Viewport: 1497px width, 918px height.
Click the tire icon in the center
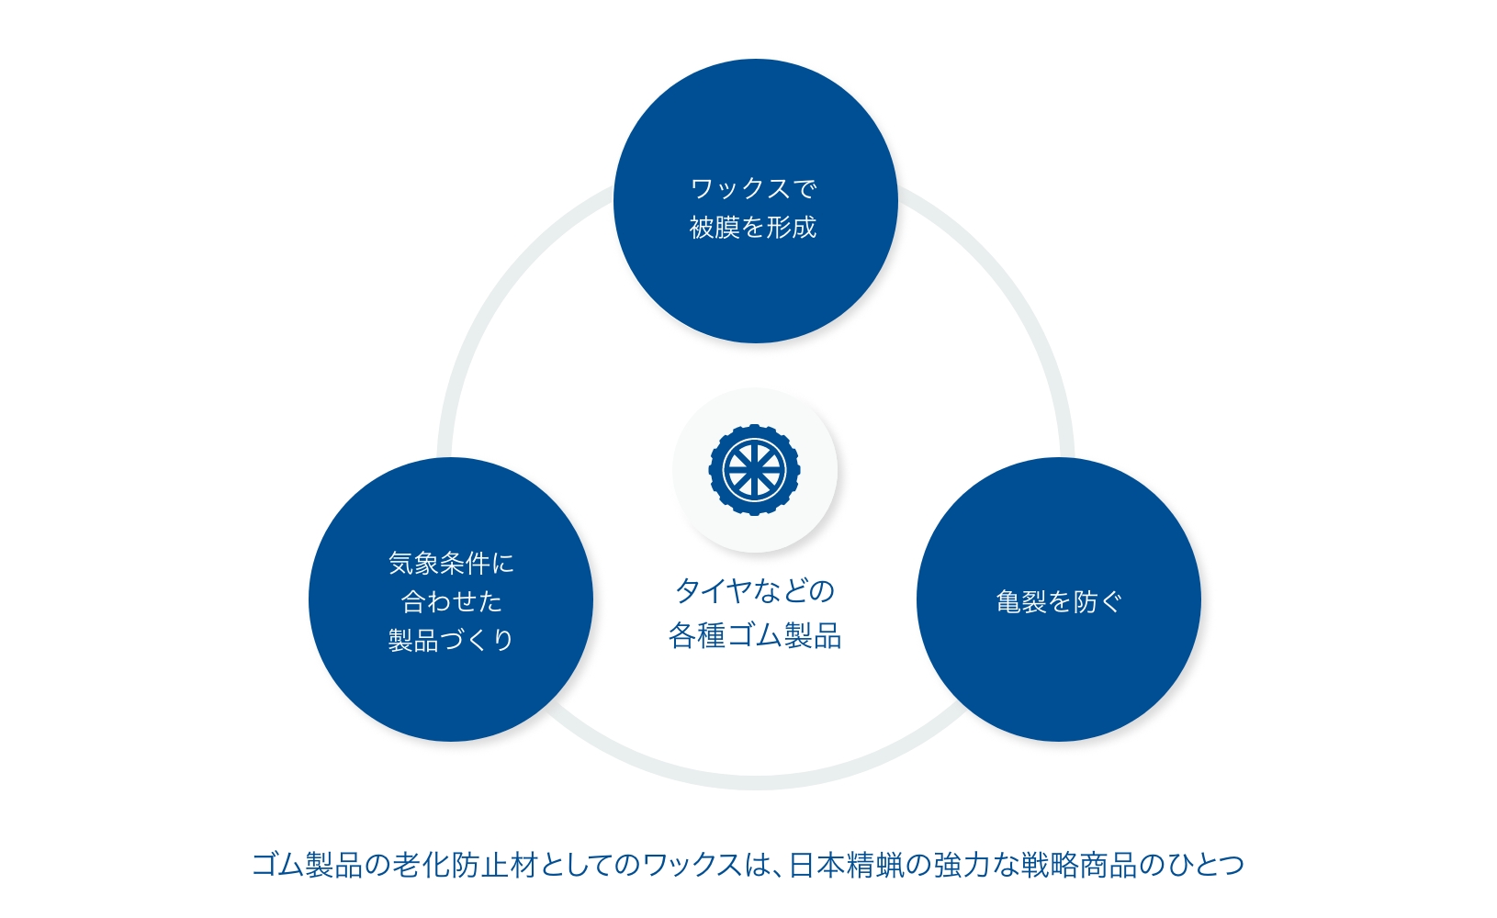(755, 470)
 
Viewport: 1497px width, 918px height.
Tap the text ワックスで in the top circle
(754, 188)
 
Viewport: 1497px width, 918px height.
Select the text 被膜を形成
(753, 227)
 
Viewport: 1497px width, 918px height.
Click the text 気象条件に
(451, 564)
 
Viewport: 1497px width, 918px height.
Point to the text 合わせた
(451, 601)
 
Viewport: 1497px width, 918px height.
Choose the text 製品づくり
(451, 640)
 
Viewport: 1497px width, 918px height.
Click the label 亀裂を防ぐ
(1059, 601)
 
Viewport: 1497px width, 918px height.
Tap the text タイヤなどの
(755, 590)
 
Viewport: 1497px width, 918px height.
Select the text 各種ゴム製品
(755, 635)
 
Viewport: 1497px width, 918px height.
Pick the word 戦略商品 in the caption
(1079, 865)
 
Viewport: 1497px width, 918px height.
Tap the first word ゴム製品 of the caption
(307, 865)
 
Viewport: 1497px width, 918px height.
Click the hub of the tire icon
(755, 470)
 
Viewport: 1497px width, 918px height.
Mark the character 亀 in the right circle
(1008, 601)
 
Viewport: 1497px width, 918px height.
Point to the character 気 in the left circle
(400, 564)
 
